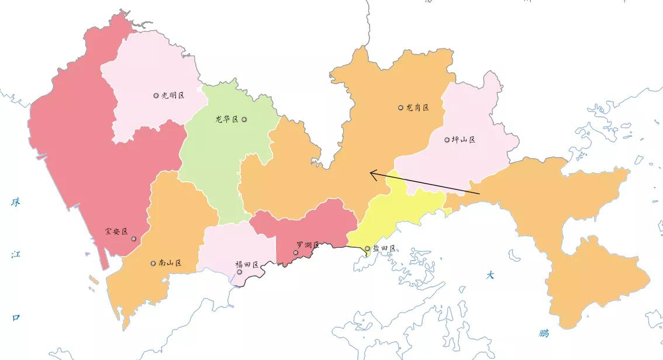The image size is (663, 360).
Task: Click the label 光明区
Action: (173, 95)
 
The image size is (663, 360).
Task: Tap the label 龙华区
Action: (227, 119)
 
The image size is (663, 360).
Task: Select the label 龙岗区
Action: (417, 108)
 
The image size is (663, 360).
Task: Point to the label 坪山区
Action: (464, 140)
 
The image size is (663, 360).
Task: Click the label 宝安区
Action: (116, 231)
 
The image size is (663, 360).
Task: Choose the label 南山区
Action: (170, 263)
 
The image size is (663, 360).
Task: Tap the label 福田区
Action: (247, 265)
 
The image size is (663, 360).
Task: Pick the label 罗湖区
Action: (308, 245)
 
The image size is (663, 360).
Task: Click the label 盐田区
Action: (384, 248)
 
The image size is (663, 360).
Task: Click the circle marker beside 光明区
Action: (156, 95)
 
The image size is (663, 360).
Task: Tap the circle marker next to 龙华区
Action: (244, 119)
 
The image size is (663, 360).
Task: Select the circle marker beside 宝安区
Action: (134, 238)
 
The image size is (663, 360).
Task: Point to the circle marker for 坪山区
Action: (447, 140)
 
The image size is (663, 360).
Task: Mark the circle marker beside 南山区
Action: (153, 263)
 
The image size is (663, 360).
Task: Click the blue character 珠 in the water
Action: (16, 202)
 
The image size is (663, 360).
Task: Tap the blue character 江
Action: (16, 254)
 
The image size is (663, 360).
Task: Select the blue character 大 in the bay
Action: (490, 275)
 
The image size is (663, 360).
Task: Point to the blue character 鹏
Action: (544, 334)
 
